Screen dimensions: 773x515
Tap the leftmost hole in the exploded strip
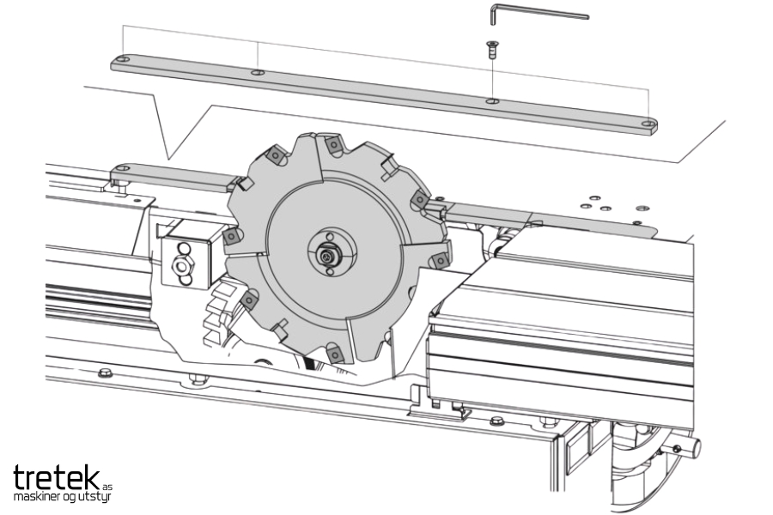(x=123, y=59)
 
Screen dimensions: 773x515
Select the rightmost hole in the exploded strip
(x=648, y=124)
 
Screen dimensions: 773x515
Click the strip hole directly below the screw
(x=492, y=101)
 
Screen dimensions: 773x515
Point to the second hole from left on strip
(x=258, y=73)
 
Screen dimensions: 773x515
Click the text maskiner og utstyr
(x=63, y=496)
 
